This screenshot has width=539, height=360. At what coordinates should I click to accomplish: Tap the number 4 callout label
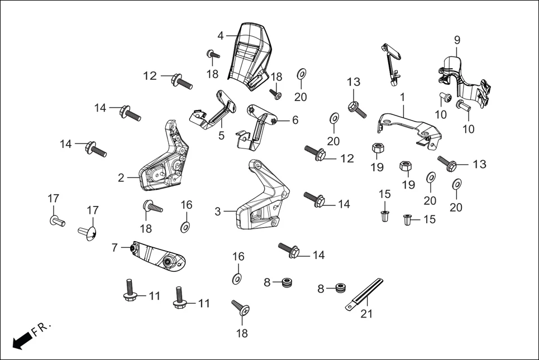tap(221, 35)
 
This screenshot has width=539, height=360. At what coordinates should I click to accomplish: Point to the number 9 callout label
tap(457, 40)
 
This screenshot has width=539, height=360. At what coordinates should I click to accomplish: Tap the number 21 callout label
tap(366, 314)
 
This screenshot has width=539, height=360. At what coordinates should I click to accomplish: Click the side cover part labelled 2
tap(165, 162)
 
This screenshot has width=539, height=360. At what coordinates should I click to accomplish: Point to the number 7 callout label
tap(115, 247)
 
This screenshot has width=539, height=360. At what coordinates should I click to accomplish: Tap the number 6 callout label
tap(295, 120)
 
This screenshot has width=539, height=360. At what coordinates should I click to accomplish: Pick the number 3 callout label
tap(218, 212)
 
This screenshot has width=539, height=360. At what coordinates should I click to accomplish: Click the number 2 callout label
tap(121, 178)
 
